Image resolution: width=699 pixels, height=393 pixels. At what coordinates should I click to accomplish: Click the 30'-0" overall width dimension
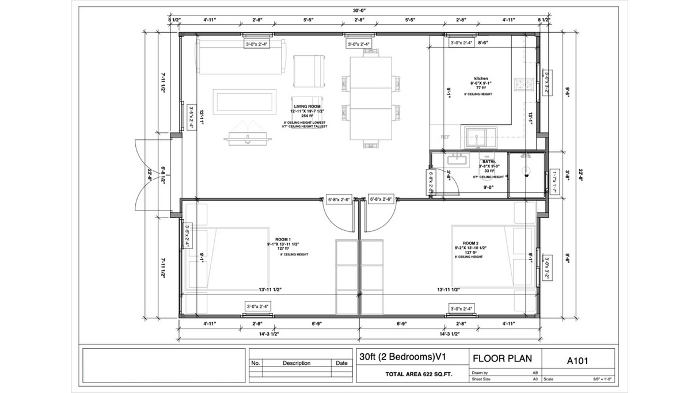tap(360, 9)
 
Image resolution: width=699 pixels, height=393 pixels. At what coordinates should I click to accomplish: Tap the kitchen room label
tap(481, 78)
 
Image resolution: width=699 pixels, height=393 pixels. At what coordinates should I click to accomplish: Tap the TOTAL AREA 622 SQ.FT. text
tap(411, 375)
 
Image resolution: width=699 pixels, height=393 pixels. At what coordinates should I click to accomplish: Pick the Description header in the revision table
tap(297, 363)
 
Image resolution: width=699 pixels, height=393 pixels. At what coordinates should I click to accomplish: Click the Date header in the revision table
tap(341, 363)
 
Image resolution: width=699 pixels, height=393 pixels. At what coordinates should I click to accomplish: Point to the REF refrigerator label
tap(445, 138)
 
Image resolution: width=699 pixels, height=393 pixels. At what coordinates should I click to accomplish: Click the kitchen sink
tap(478, 137)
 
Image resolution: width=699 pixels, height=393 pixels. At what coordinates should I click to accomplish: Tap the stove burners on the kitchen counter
tap(523, 85)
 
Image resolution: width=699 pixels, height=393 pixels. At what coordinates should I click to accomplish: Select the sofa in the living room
tap(241, 56)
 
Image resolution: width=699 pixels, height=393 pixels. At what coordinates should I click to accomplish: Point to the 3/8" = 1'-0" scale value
tap(599, 379)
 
